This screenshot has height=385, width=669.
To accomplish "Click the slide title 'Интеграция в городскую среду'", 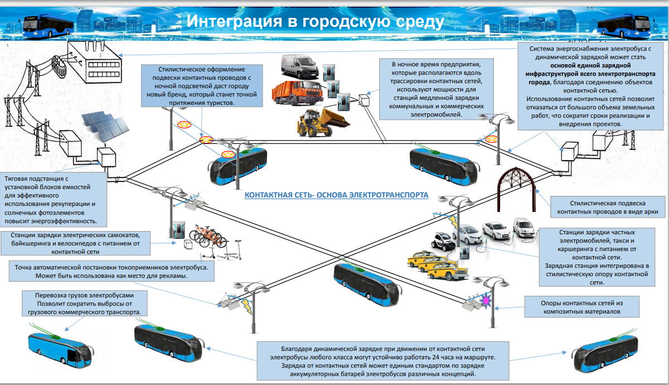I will [315, 21].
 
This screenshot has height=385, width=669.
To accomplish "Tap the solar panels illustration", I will [105, 126].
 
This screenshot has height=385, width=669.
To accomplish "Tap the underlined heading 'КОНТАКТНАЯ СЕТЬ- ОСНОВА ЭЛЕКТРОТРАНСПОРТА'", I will [337, 195].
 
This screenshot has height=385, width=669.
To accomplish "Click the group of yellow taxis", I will [430, 264].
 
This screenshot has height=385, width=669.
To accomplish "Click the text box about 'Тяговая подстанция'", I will [54, 199].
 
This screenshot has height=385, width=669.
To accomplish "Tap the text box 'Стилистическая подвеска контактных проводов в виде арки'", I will [608, 208].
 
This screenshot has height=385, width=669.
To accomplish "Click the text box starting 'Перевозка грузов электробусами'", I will [84, 304].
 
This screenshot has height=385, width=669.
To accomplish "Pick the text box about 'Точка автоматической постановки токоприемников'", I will [111, 271].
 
